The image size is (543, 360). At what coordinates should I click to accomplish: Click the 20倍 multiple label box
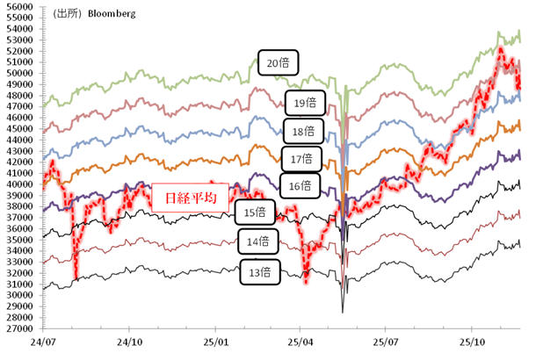pyautogui.click(x=279, y=63)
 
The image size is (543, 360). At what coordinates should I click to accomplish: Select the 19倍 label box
pyautogui.click(x=305, y=104)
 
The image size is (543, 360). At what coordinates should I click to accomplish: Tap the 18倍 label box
pyautogui.click(x=303, y=132)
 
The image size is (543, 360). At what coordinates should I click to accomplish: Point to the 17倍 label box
pyautogui.click(x=300, y=159)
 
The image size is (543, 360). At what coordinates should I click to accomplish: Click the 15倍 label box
pyautogui.click(x=255, y=212)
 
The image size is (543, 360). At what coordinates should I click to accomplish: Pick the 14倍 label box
pyautogui.click(x=258, y=241)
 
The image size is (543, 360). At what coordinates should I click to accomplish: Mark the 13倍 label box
pyautogui.click(x=260, y=273)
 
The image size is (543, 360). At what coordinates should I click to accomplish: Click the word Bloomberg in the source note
pyautogui.click(x=110, y=15)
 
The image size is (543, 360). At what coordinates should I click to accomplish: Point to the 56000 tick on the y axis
pyautogui.click(x=18, y=6)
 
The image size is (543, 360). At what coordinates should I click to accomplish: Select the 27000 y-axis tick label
pyautogui.click(x=18, y=328)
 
